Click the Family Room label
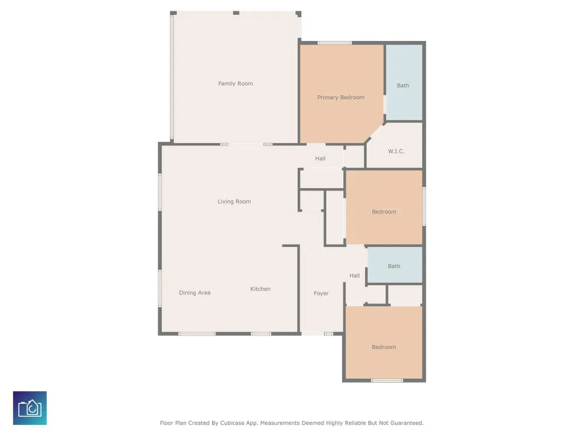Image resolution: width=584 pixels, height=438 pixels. pos(235,84)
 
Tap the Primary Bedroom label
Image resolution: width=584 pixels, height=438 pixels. pos(341,98)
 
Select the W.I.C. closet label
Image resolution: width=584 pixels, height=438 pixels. pos(396,151)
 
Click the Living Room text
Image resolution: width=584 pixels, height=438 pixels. pos(234,201)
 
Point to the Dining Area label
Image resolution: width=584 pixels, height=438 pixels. pos(194,293)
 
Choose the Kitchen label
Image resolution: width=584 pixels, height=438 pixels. pos(260,288)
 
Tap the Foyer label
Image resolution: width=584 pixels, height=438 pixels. pos(321,294)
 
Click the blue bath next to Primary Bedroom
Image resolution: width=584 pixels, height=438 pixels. pos(404,83)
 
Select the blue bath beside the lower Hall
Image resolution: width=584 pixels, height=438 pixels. pos(395,265)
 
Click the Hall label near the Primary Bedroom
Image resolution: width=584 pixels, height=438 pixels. pos(320,158)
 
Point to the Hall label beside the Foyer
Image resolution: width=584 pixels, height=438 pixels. pos(354,276)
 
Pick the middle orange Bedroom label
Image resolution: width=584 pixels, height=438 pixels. pos(384,212)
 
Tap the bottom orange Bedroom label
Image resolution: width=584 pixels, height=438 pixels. pos(384,347)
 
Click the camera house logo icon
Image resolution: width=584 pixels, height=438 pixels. pos(30,408)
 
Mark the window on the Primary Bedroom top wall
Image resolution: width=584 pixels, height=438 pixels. pos(335,43)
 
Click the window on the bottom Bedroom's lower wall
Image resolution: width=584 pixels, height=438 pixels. pos(387,381)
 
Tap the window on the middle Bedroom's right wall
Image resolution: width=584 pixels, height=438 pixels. pos(424,206)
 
